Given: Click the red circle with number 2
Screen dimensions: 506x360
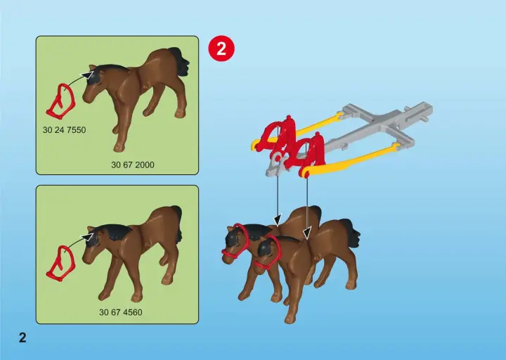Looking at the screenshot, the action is tap(221, 49).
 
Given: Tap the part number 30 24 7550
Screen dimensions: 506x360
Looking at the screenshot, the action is tap(64, 130).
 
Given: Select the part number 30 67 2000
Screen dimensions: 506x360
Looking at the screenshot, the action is tap(133, 165).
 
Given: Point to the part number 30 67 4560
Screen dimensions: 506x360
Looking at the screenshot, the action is tap(120, 312).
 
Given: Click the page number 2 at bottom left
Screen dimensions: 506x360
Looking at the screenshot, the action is tap(22, 337).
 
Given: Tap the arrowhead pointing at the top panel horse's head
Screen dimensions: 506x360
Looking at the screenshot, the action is tap(87, 75).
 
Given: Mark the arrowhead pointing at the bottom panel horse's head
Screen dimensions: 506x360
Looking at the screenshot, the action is tap(87, 237).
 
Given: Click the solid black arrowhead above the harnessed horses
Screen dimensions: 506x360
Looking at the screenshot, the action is tap(278, 220).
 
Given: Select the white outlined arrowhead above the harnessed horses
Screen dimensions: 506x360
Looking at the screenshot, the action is tap(307, 233).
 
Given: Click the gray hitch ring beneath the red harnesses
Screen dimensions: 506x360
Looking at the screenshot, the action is tap(277, 158).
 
